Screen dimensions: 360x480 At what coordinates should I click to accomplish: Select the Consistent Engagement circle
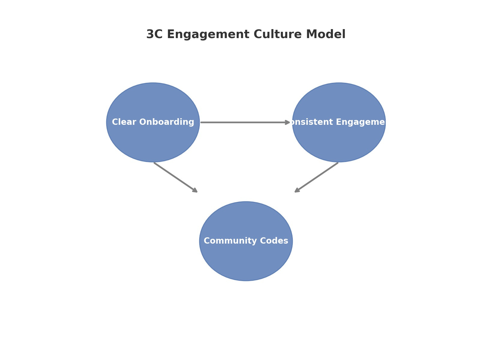point(339,141)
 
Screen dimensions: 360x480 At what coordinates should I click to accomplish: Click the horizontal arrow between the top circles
point(244,122)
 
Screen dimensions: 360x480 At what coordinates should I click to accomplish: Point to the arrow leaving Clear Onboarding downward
point(175,177)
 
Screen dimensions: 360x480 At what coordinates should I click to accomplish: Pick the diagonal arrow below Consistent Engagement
point(316,177)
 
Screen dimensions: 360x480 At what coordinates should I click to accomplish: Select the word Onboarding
point(166,122)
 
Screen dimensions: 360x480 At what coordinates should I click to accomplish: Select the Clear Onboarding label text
point(153,122)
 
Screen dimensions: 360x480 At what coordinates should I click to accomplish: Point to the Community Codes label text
point(246,241)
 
